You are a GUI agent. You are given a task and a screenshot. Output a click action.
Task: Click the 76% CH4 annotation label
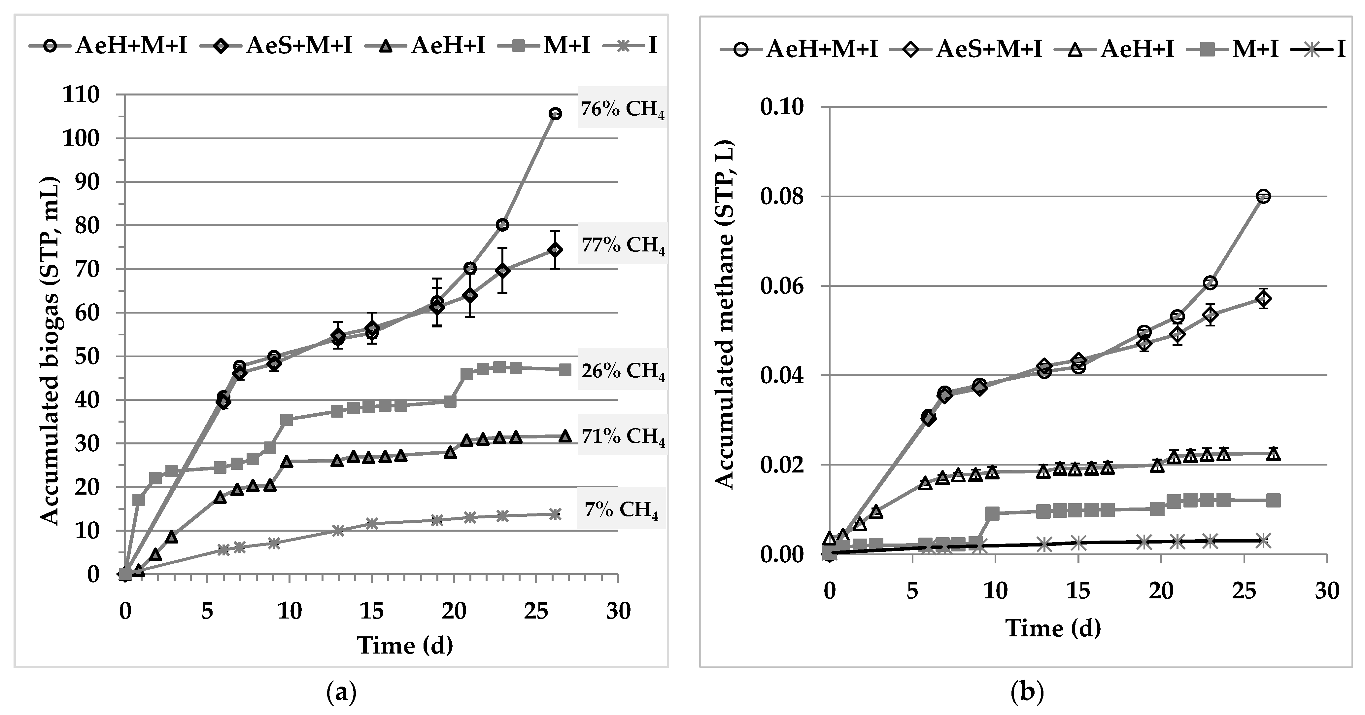click(x=622, y=110)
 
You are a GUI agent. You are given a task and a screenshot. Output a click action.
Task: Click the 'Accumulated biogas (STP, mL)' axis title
click(x=50, y=350)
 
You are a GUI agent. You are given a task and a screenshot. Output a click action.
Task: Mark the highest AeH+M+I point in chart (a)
click(x=555, y=114)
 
